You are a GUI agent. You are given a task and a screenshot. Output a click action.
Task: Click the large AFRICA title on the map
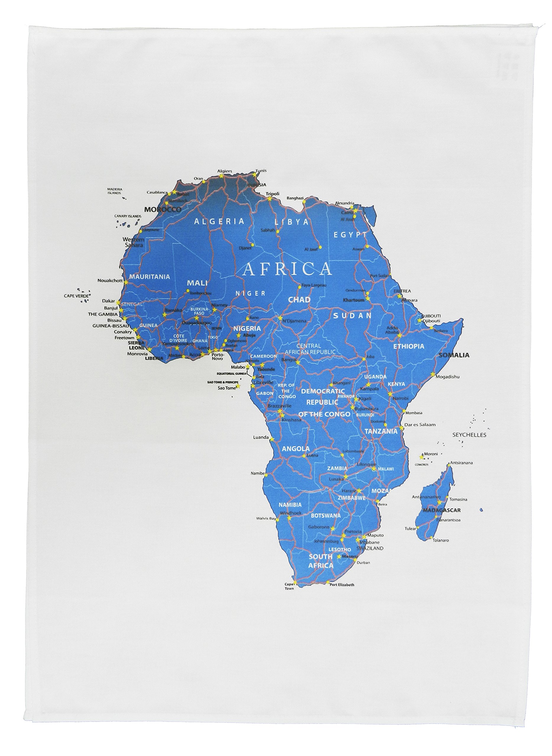point(287,269)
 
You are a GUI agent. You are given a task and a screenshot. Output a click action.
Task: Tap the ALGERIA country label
point(219,221)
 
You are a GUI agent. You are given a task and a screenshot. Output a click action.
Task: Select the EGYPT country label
point(350,235)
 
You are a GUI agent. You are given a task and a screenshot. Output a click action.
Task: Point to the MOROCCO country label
point(163,209)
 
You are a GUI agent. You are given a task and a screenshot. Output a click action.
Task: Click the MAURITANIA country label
point(150,277)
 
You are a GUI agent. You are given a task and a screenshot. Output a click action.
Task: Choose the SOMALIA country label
point(454,355)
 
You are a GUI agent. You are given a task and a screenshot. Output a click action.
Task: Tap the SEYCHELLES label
point(469,435)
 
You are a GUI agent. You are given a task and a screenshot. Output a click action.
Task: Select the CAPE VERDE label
point(76,296)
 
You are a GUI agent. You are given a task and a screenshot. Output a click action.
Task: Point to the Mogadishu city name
point(448,377)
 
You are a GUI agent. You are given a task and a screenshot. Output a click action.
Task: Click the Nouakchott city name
point(110,281)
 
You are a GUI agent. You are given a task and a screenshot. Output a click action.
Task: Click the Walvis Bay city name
point(266,519)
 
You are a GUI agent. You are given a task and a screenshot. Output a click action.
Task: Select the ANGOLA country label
point(296,449)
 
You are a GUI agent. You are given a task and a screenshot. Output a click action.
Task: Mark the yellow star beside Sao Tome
point(238,387)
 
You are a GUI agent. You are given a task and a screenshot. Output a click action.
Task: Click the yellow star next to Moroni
point(421,457)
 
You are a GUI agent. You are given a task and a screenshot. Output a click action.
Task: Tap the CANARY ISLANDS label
point(128,216)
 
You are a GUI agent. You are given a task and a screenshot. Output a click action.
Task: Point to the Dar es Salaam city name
point(420,425)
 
